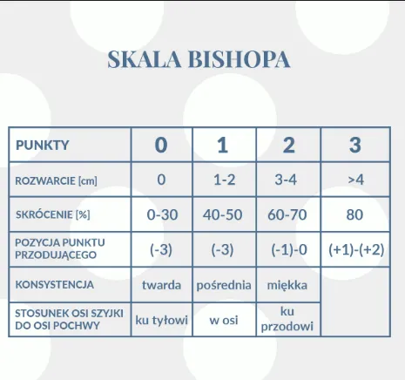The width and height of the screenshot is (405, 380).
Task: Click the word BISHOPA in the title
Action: tap(240, 59)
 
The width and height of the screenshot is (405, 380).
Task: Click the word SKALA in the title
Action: tap(145, 59)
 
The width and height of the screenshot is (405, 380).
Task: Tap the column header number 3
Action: tap(355, 145)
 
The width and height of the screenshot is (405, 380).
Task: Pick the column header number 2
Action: tap(288, 145)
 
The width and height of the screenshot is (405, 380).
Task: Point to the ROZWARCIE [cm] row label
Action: tap(56, 180)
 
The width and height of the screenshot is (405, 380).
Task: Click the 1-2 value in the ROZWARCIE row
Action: tap(224, 180)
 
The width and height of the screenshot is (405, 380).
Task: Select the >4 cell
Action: tap(355, 180)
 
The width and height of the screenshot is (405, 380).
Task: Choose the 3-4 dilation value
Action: tap(286, 180)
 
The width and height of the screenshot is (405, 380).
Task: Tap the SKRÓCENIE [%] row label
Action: tap(53, 214)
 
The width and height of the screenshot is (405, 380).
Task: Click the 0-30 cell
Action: tap(162, 215)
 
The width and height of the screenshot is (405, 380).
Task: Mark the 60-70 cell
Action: tap(287, 215)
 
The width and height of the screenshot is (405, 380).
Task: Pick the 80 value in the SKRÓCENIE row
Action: tap(354, 215)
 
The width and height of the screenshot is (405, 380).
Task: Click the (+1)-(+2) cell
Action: tap(356, 250)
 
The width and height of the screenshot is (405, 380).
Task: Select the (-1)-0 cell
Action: tap(289, 250)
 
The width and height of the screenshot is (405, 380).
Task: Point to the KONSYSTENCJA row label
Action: tap(55, 284)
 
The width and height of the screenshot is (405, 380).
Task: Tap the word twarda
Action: tap(161, 285)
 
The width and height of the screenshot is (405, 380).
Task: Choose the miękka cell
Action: tap(287, 285)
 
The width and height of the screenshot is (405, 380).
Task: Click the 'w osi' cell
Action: tap(224, 321)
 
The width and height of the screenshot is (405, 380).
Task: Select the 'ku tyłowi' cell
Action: tap(161, 320)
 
